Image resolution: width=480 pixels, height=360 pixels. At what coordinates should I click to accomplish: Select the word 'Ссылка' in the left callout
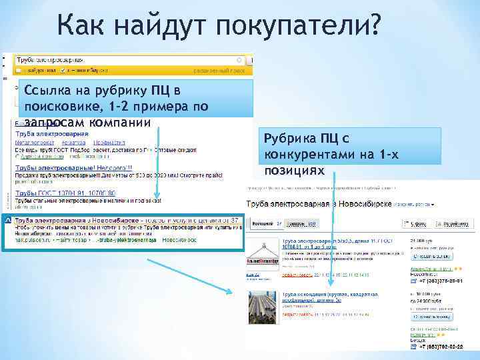(46, 90)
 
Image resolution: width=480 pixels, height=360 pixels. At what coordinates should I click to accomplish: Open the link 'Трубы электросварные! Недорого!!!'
(74, 168)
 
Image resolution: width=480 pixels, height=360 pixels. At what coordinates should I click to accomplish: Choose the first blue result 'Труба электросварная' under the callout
(47, 134)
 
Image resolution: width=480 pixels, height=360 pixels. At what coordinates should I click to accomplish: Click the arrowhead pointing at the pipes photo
(230, 291)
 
